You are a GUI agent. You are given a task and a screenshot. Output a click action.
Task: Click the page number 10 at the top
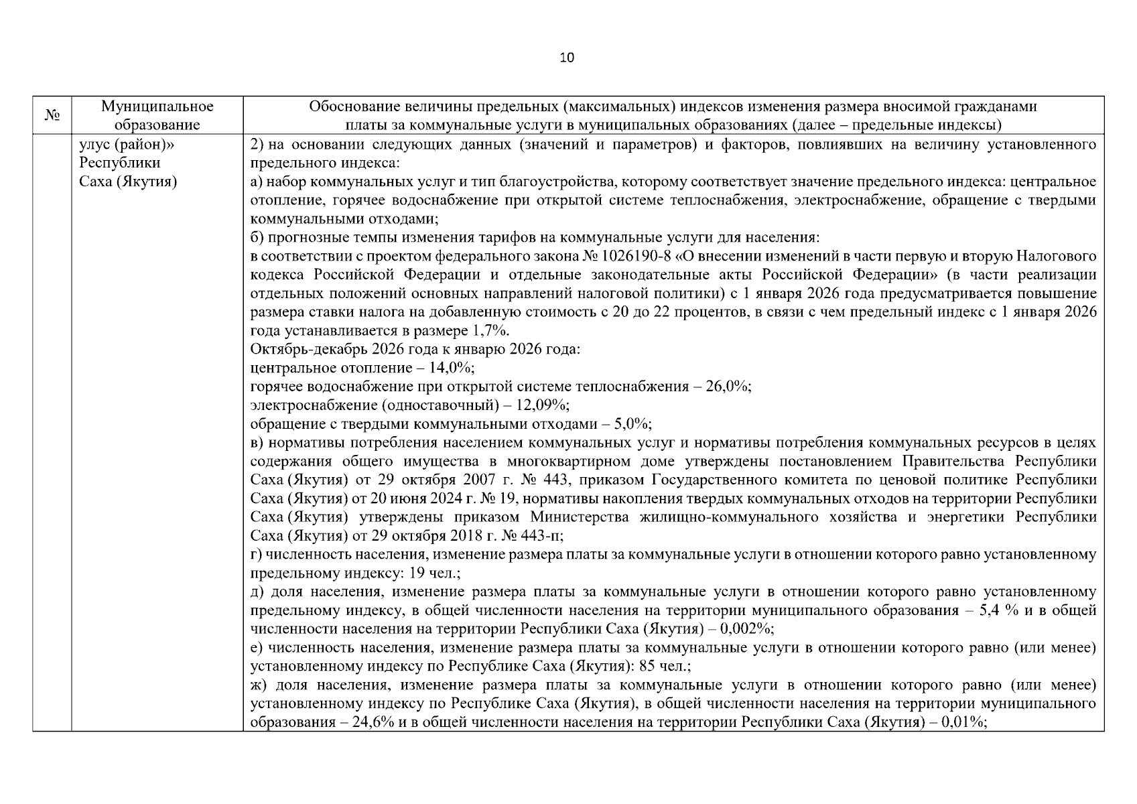pyautogui.click(x=567, y=58)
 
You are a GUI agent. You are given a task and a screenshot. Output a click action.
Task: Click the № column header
pyautogui.click(x=52, y=115)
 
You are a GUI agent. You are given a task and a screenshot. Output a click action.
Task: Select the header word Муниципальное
pyautogui.click(x=157, y=107)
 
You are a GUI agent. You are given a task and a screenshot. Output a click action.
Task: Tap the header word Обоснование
pyautogui.click(x=348, y=107)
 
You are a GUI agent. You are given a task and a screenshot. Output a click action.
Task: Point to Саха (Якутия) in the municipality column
pyautogui.click(x=128, y=182)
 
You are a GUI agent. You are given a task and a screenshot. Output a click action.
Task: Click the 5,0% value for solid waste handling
pyautogui.click(x=632, y=424)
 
